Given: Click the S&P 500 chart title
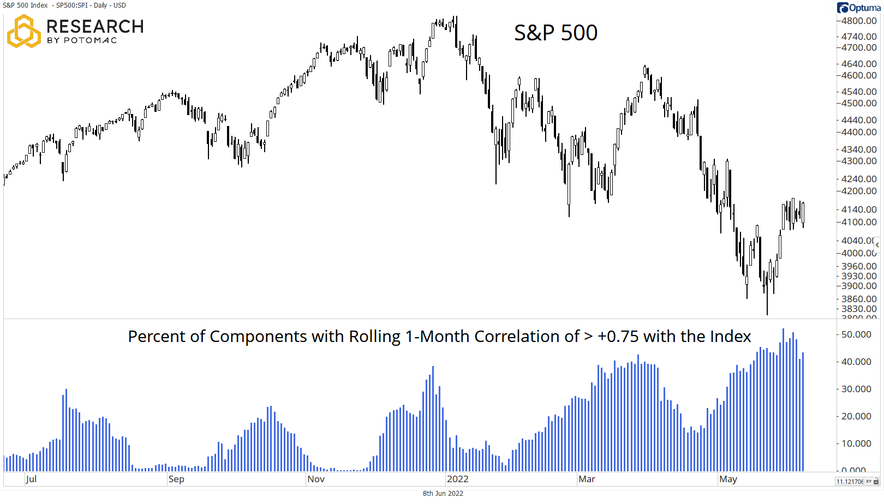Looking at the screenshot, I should [x=556, y=33].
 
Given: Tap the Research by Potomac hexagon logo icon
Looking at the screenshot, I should [x=23, y=31].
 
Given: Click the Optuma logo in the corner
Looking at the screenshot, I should [x=858, y=8].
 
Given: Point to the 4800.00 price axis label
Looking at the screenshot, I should [x=859, y=21].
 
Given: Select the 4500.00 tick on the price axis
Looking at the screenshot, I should [x=859, y=103].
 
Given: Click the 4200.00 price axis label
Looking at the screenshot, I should [x=859, y=191].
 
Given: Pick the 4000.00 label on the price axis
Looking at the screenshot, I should [x=859, y=253].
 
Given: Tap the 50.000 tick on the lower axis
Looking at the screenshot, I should [x=856, y=334].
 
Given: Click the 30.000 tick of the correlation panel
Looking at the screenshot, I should [x=856, y=389].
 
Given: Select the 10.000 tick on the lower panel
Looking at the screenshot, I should [x=856, y=443].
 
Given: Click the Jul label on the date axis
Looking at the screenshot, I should [x=31, y=479].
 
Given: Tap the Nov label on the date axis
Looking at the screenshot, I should [x=316, y=479].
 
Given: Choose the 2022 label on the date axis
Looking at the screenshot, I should [x=457, y=479].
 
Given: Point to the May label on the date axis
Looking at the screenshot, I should [x=728, y=479].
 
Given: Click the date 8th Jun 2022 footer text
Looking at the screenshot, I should [x=443, y=493].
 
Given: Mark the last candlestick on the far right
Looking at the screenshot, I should [x=803, y=213].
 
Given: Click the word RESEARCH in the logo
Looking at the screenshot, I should [x=95, y=26].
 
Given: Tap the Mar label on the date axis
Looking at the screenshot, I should [x=587, y=479].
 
